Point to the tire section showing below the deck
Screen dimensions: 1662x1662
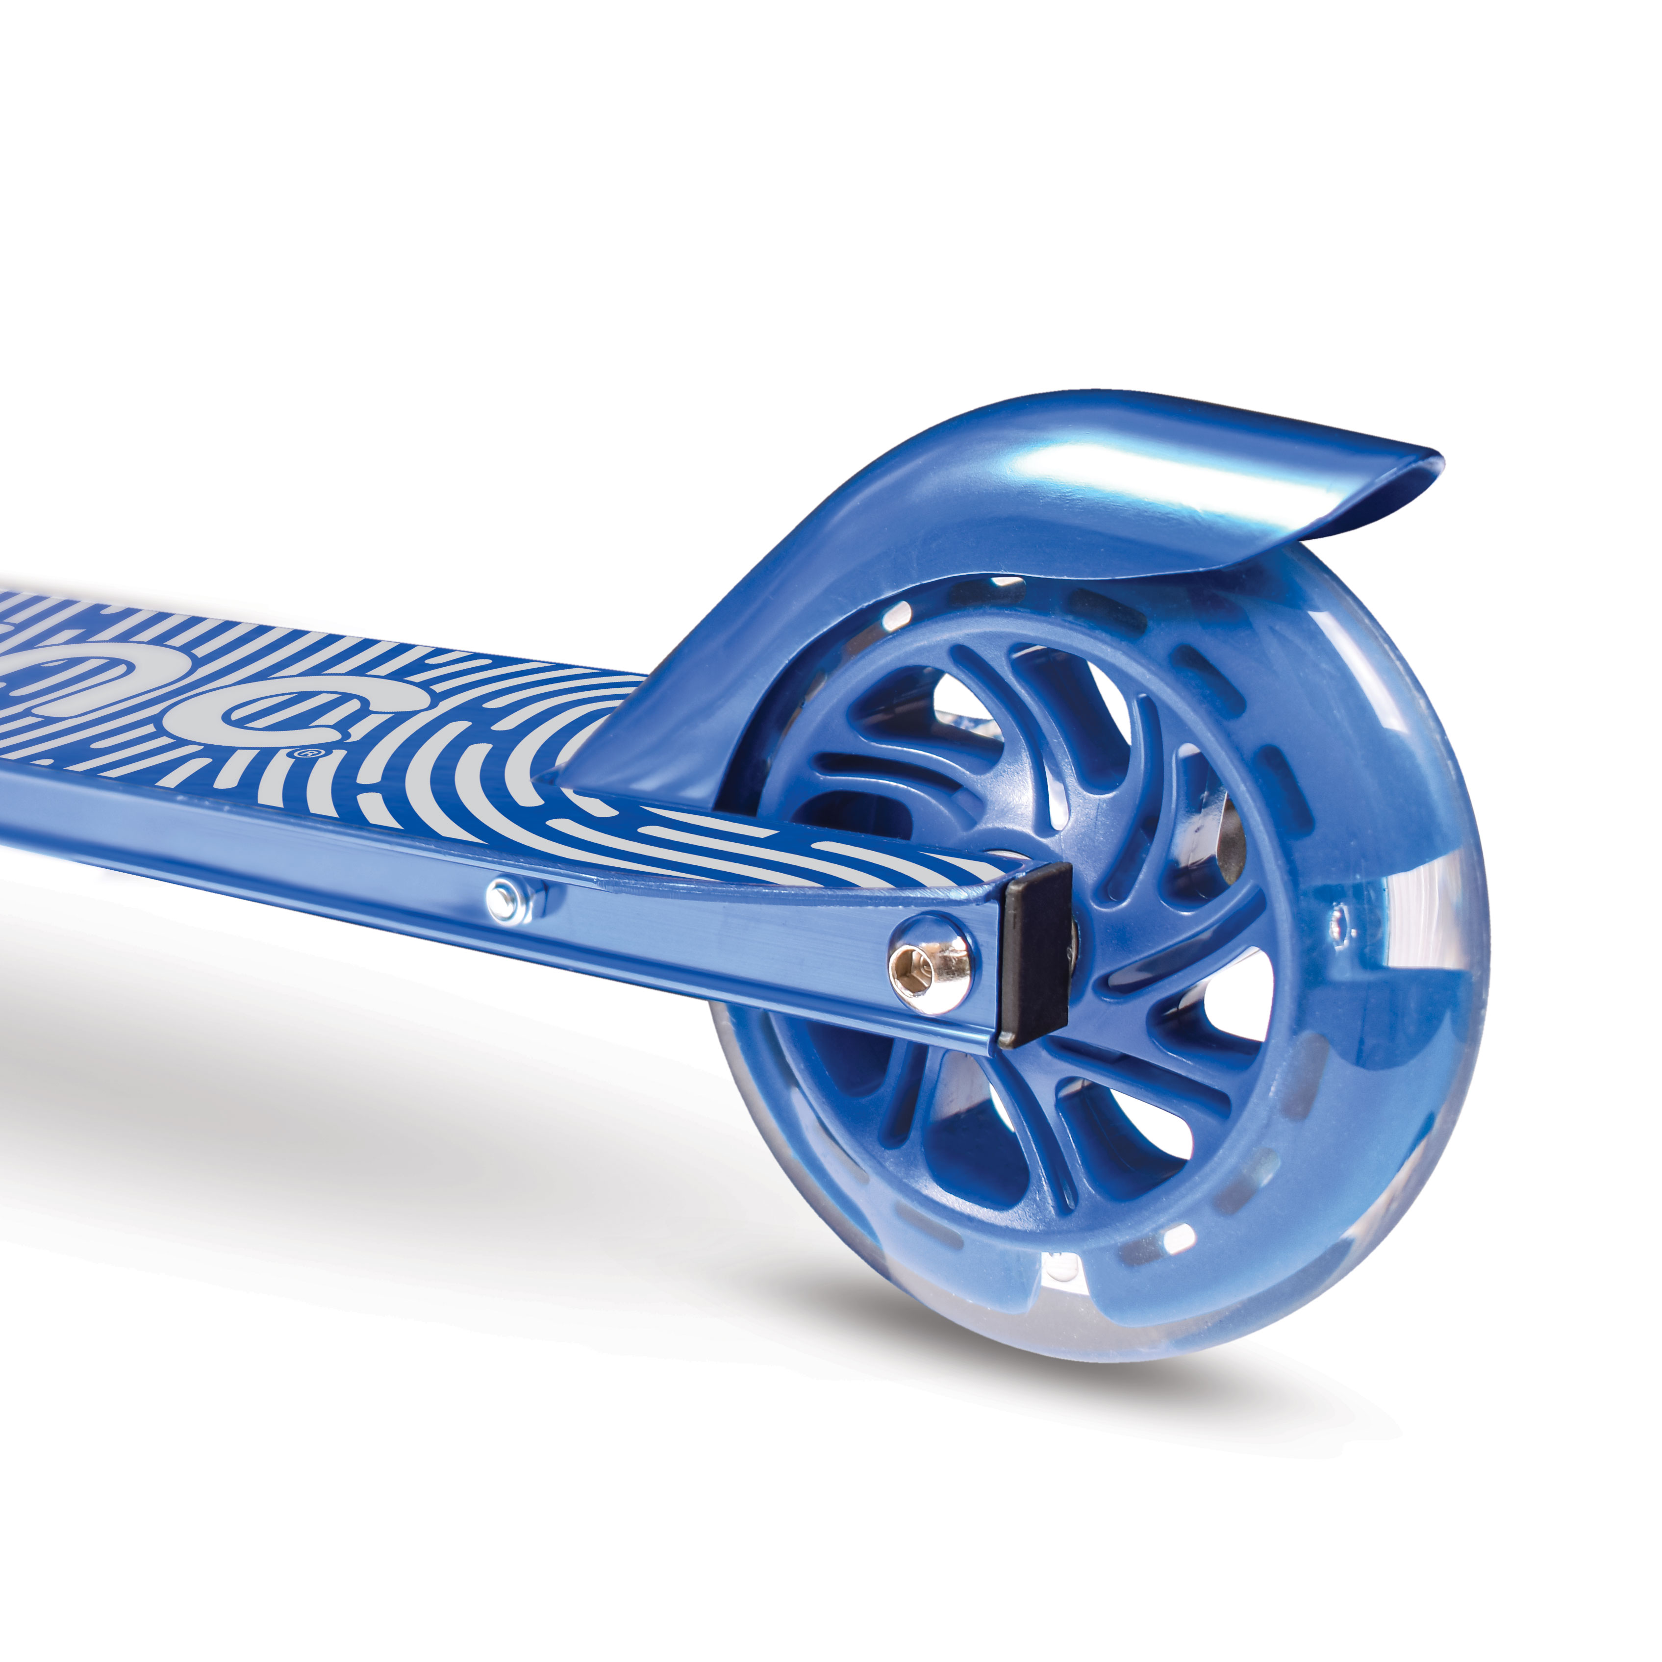coord(826,1144)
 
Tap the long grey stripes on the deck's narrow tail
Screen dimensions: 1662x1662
coord(774,843)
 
